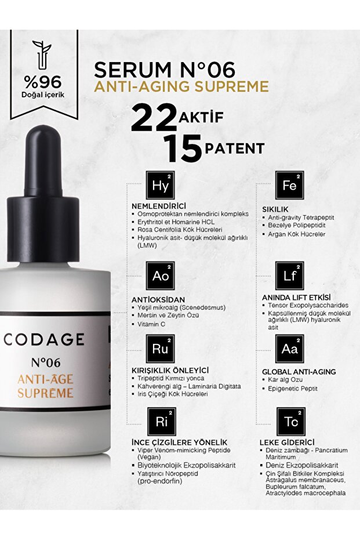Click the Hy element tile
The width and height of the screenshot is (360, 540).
click(x=160, y=185)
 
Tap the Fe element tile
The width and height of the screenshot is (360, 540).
click(x=290, y=185)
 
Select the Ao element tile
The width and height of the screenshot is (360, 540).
click(x=160, y=276)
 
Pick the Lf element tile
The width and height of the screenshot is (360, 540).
click(x=290, y=276)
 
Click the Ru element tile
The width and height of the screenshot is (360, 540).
click(x=160, y=349)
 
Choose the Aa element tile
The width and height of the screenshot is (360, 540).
click(x=290, y=349)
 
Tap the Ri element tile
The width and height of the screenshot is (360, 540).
click(x=160, y=422)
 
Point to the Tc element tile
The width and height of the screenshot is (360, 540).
click(x=290, y=422)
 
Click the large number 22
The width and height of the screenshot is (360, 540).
click(x=154, y=118)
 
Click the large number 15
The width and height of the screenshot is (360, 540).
click(x=181, y=148)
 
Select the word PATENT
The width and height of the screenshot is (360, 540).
click(x=234, y=148)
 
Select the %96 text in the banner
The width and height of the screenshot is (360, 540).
click(x=43, y=81)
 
